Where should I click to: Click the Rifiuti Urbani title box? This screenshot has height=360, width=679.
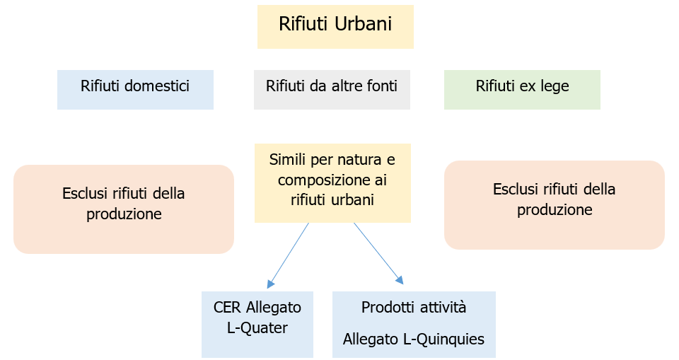click(x=335, y=27)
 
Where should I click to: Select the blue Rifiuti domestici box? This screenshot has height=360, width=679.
click(x=135, y=90)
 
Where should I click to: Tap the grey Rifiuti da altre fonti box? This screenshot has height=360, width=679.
click(x=332, y=90)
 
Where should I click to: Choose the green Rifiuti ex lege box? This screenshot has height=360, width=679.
click(x=522, y=90)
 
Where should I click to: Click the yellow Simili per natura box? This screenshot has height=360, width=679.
click(x=332, y=183)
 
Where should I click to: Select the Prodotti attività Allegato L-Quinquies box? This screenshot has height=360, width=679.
click(x=414, y=324)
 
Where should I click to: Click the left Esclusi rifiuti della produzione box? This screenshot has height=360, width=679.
click(x=124, y=209)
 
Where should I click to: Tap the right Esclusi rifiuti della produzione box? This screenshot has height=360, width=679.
click(x=555, y=205)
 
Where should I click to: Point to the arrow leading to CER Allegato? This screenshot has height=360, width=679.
click(x=289, y=255)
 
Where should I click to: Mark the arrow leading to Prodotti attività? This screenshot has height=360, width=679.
click(x=378, y=253)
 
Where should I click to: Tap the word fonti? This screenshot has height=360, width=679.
click(x=382, y=86)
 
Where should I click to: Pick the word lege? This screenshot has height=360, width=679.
click(x=555, y=86)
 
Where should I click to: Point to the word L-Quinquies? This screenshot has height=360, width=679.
click(x=443, y=339)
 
